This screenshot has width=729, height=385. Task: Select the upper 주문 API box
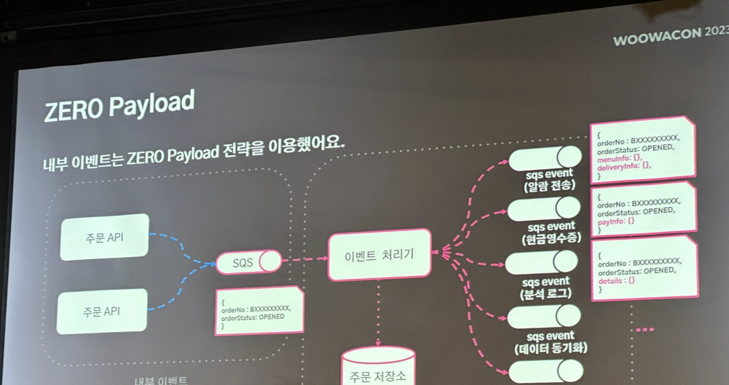(104, 237)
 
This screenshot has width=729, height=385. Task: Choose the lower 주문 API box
(101, 312)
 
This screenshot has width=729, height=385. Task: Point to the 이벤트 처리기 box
(379, 255)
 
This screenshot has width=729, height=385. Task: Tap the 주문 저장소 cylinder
(378, 367)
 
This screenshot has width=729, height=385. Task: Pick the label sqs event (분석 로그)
(546, 287)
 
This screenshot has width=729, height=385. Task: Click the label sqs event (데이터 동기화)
(549, 342)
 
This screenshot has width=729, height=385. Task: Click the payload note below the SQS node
(259, 311)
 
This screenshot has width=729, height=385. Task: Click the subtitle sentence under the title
(194, 155)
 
